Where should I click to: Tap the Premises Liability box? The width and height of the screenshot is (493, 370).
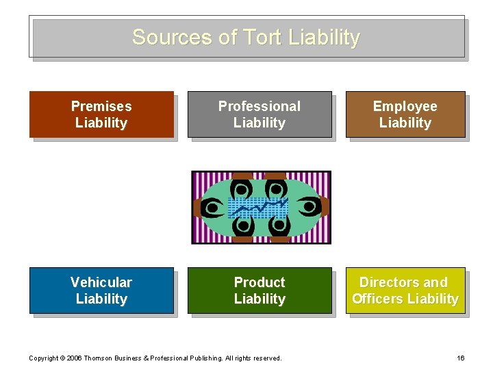point(101,114)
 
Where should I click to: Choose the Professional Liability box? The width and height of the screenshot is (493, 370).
point(260,114)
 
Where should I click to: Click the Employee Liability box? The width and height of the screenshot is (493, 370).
point(405,114)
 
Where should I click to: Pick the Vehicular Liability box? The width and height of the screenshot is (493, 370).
point(101,291)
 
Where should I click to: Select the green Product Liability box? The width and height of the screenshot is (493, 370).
point(260,291)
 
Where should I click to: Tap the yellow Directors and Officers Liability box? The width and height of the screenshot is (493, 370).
point(405,291)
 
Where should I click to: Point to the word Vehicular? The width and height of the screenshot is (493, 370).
point(101,282)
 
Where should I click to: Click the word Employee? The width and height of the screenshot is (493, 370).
point(405,106)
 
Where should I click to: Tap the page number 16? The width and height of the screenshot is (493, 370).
point(460,358)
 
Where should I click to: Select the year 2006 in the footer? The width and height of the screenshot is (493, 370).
point(75,358)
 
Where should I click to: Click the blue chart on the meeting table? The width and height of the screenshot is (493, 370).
point(258,206)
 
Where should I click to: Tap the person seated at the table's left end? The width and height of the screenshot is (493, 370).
point(210,206)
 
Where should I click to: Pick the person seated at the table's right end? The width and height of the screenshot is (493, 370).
point(312,206)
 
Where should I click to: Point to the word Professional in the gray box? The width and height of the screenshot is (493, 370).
point(260,106)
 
